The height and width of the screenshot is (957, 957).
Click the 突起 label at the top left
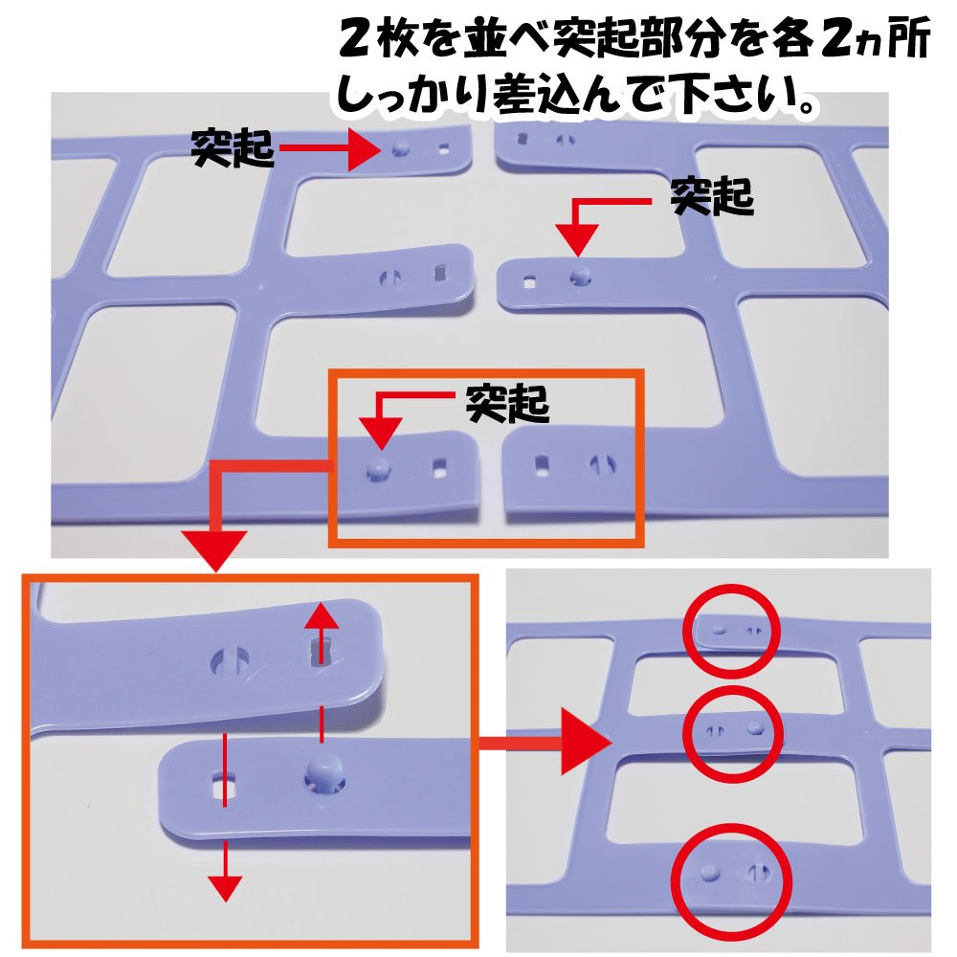click(x=232, y=148)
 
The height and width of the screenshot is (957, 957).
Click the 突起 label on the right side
click(x=712, y=196)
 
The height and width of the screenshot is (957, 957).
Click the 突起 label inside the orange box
click(x=507, y=404)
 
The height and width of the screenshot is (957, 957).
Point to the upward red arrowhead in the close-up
click(x=322, y=617)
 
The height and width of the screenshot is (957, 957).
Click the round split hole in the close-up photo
click(x=230, y=661)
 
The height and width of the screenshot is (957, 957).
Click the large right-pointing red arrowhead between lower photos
click(x=586, y=743)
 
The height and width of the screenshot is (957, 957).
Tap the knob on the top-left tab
click(x=400, y=148)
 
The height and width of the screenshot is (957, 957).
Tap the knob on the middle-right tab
click(x=581, y=276)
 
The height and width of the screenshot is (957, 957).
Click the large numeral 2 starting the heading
click(x=355, y=40)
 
